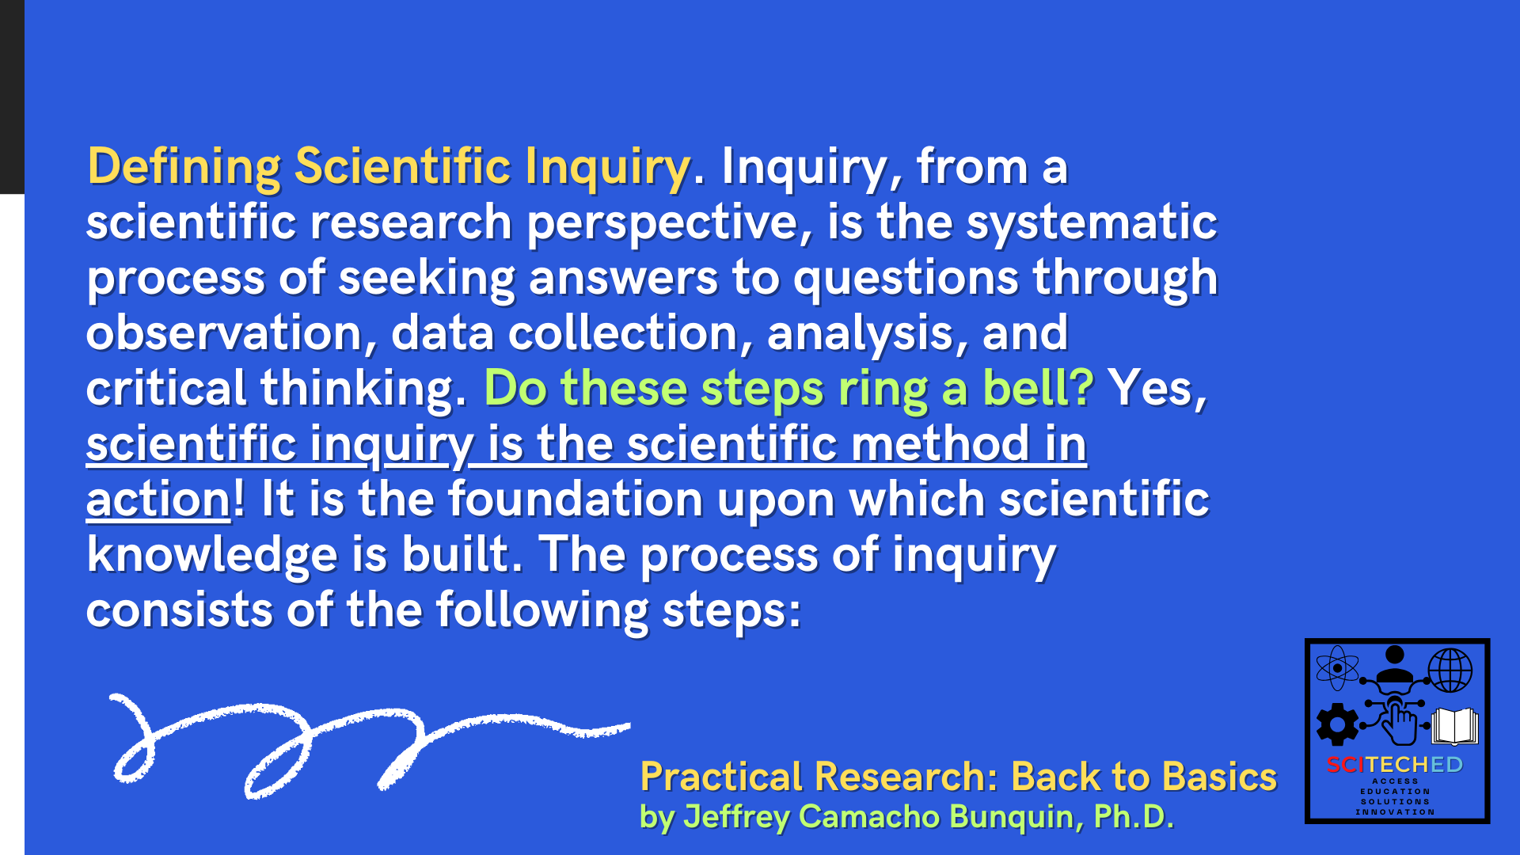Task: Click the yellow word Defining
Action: [x=184, y=167]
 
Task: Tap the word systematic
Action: [x=1092, y=222]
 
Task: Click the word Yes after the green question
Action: [x=1157, y=388]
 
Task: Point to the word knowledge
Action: [x=212, y=554]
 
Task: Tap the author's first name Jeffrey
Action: [x=736, y=817]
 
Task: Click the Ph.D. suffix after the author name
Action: [x=1134, y=817]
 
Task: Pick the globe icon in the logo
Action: [x=1450, y=670]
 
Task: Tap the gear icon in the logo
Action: [x=1337, y=724]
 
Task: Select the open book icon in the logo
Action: [x=1455, y=725]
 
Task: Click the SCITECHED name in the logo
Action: [x=1395, y=765]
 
